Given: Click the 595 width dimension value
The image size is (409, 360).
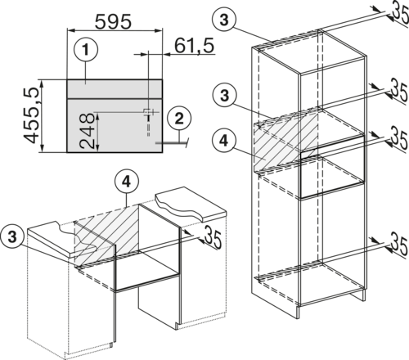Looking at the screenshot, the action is (113, 21).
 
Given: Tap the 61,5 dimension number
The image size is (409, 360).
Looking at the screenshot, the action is (194, 46).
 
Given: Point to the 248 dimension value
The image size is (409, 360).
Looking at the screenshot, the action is (87, 131).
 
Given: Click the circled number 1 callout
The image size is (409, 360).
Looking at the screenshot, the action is (86, 50).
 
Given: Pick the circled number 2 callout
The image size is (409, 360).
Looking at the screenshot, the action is (179, 119).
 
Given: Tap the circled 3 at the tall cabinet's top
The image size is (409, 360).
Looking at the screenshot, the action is (224, 20).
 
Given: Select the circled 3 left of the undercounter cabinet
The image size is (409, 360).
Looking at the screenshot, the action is (12, 236).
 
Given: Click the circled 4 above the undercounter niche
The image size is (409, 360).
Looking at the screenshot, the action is (127, 182).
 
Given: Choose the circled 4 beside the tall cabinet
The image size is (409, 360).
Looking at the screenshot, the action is (224, 141).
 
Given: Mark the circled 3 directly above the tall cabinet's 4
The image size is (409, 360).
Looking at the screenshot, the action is (224, 96).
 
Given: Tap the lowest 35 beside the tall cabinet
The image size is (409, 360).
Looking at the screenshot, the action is (400, 244).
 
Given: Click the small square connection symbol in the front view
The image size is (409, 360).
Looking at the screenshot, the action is (147, 111).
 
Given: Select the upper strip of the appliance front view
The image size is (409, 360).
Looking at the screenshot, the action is (115, 89).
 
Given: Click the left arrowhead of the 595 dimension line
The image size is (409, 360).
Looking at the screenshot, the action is (70, 30).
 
